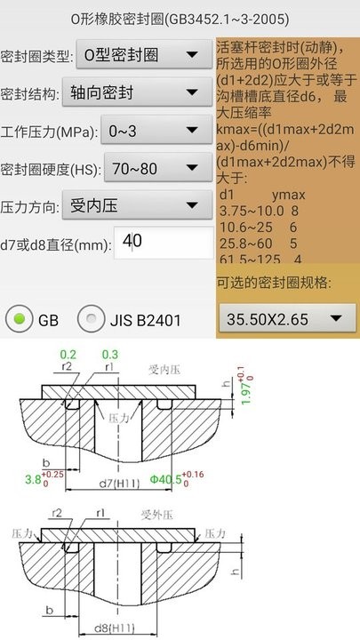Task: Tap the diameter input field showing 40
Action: coord(164,241)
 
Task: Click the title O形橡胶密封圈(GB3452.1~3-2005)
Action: coord(179,18)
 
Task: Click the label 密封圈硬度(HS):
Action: coord(52,169)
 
